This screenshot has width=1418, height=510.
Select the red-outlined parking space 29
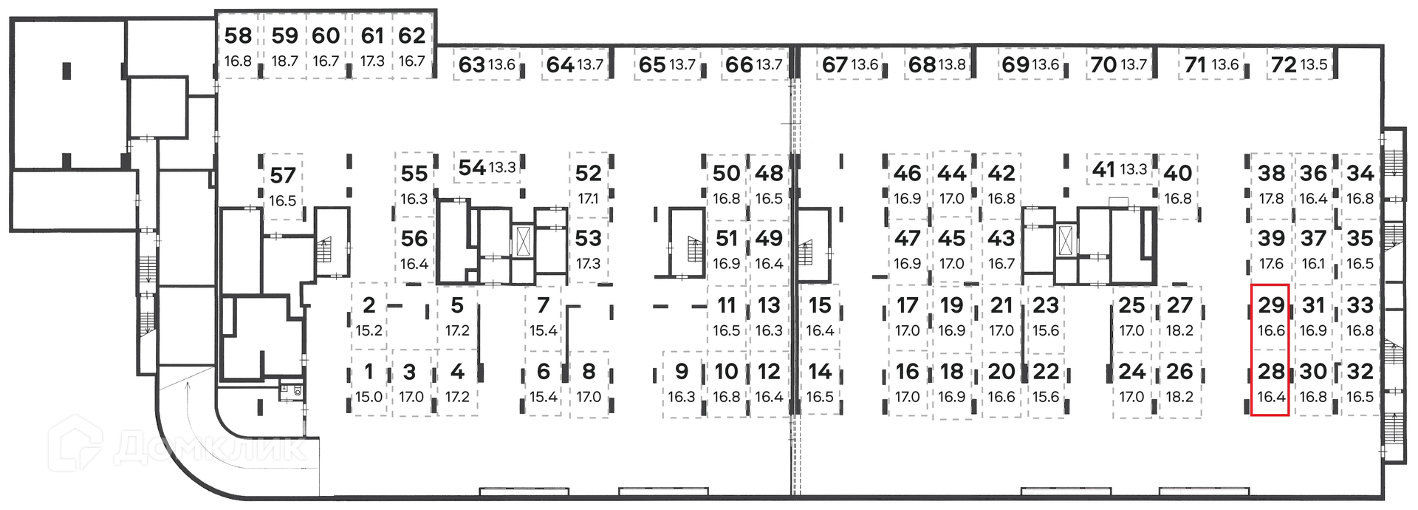point(1270,316)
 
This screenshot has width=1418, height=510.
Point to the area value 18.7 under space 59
point(284,61)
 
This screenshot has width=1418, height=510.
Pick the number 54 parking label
point(472,168)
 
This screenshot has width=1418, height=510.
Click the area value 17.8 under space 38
point(1271,199)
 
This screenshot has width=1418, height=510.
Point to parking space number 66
point(739,65)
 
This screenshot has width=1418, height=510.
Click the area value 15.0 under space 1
point(369,397)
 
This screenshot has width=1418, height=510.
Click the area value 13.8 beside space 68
point(951,65)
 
